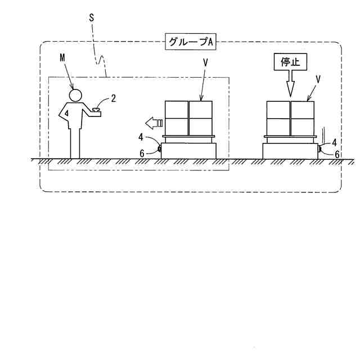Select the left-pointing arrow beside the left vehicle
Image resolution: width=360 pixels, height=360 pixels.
coord(153,122)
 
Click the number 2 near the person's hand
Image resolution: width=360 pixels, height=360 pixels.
coord(113,98)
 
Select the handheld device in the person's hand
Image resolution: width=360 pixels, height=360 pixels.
coord(98,110)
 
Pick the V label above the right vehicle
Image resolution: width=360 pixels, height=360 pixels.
coord(318,79)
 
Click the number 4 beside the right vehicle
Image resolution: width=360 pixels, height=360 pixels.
coord(335,142)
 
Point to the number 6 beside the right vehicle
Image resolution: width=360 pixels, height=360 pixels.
coord(337,154)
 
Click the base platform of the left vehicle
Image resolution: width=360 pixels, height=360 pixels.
coord(188,151)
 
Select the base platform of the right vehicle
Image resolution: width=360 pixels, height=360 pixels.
coord(290,151)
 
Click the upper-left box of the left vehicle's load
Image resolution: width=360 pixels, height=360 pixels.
coord(177,110)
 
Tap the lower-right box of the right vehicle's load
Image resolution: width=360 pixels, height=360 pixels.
coord(302,127)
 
